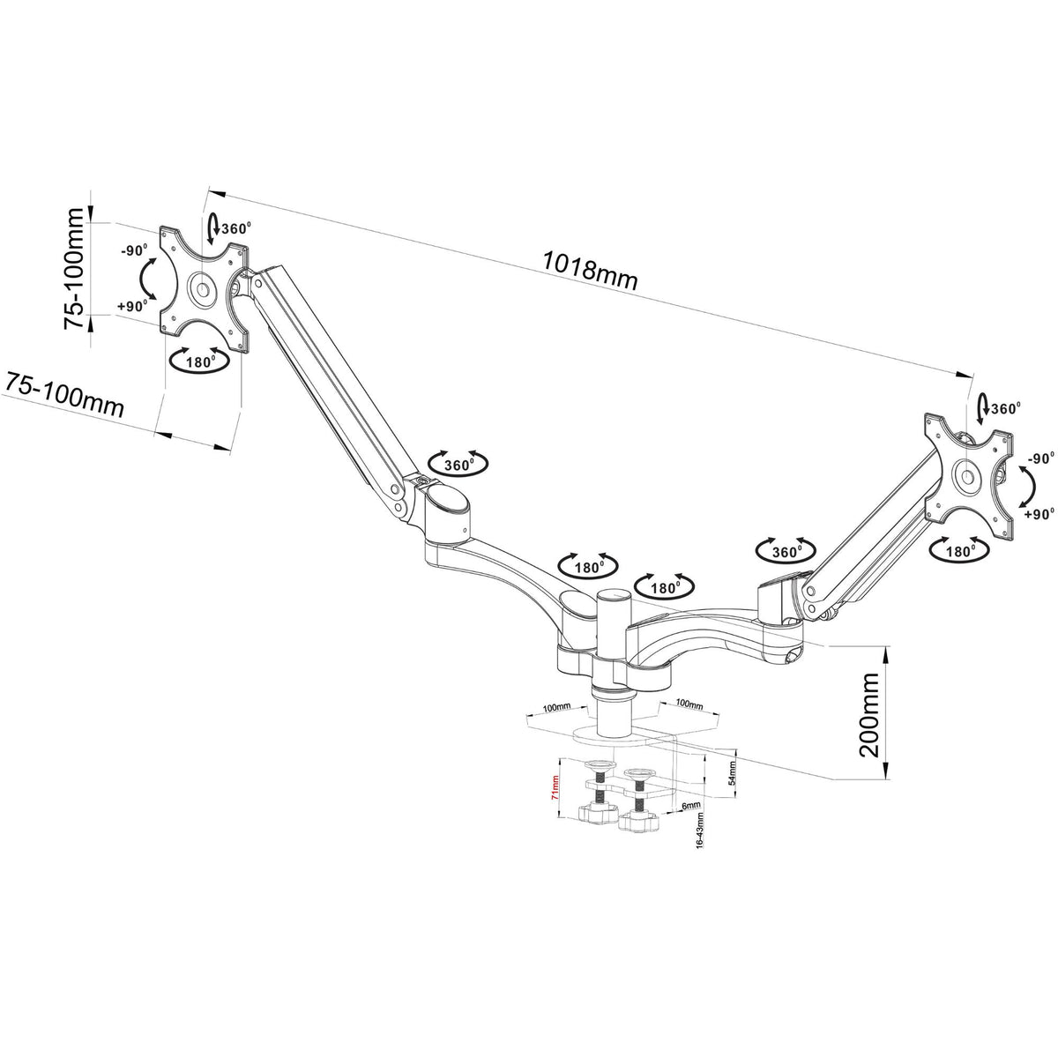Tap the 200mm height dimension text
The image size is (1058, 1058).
coord(870,713)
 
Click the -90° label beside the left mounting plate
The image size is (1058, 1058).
coord(134,250)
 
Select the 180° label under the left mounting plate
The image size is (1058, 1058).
coord(202,361)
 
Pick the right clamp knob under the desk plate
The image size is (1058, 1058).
coord(641,821)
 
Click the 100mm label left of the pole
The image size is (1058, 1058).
coord(555,708)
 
